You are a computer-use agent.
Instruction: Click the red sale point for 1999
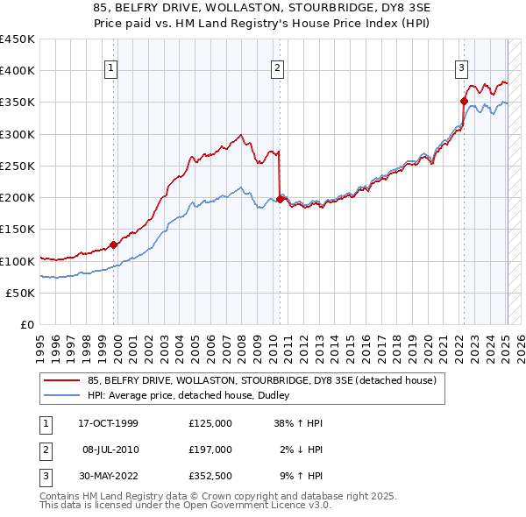(113, 245)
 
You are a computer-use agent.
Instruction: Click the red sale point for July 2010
(280, 200)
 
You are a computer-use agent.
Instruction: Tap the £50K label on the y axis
(20, 294)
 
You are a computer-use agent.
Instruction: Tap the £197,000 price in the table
(210, 450)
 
